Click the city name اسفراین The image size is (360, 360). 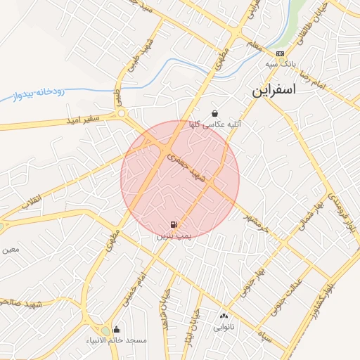(275, 91)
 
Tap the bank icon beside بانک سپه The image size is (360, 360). (281, 53)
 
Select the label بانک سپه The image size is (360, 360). (279, 64)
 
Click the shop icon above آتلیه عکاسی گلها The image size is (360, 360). (214, 113)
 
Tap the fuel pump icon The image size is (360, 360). (173, 225)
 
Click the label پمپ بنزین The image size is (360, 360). (173, 237)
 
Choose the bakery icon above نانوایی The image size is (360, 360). (224, 316)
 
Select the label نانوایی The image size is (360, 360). (224, 327)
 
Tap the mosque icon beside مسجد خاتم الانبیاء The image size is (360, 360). (116, 329)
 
